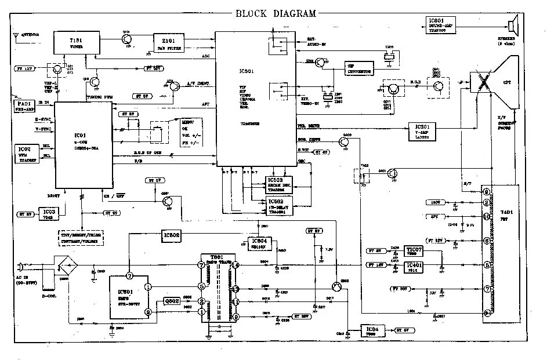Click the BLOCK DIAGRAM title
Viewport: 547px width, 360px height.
pyautogui.click(x=276, y=14)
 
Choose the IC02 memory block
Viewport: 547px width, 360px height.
pyautogui.click(x=24, y=152)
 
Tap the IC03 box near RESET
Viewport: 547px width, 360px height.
pyautogui.click(x=49, y=213)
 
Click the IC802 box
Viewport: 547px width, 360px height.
pyautogui.click(x=172, y=236)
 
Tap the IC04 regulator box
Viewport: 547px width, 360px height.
pyautogui.click(x=372, y=330)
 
